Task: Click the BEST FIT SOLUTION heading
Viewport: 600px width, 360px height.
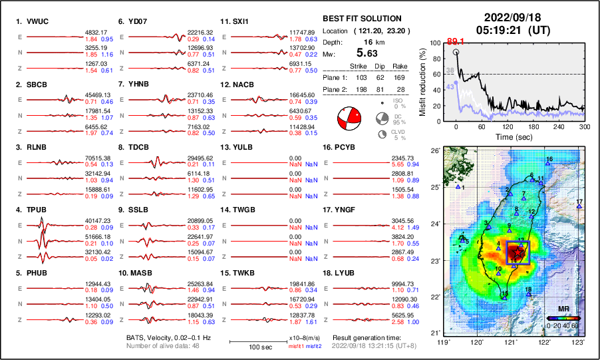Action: pyautogui.click(x=361, y=19)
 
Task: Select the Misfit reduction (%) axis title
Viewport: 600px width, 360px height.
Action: pyautogui.click(x=423, y=82)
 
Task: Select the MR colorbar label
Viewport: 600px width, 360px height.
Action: pyautogui.click(x=562, y=309)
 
